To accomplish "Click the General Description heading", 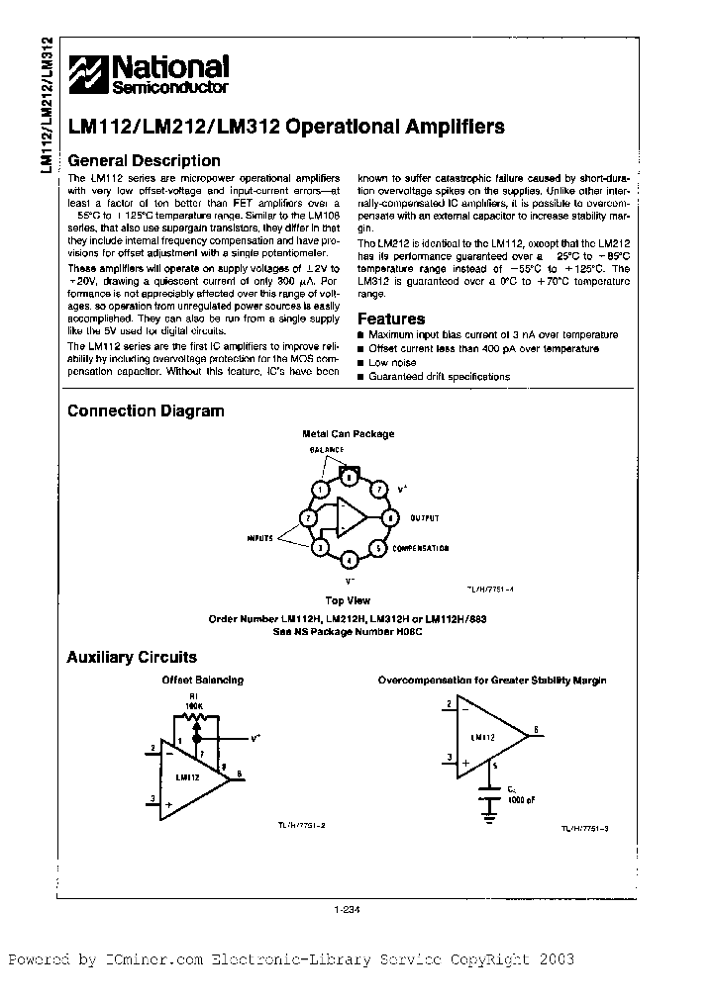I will [143, 161].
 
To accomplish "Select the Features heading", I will [390, 319].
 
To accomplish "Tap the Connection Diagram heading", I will [145, 411].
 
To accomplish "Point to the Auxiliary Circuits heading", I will [131, 657].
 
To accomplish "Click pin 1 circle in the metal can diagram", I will [319, 489].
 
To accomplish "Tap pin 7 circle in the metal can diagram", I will [378, 489].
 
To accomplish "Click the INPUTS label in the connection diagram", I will [260, 536].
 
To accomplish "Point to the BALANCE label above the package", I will [326, 450].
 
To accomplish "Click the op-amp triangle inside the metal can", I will [350, 517].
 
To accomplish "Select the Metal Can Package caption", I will [348, 434].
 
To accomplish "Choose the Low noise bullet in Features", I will [392, 363].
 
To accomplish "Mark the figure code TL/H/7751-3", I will [585, 829].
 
